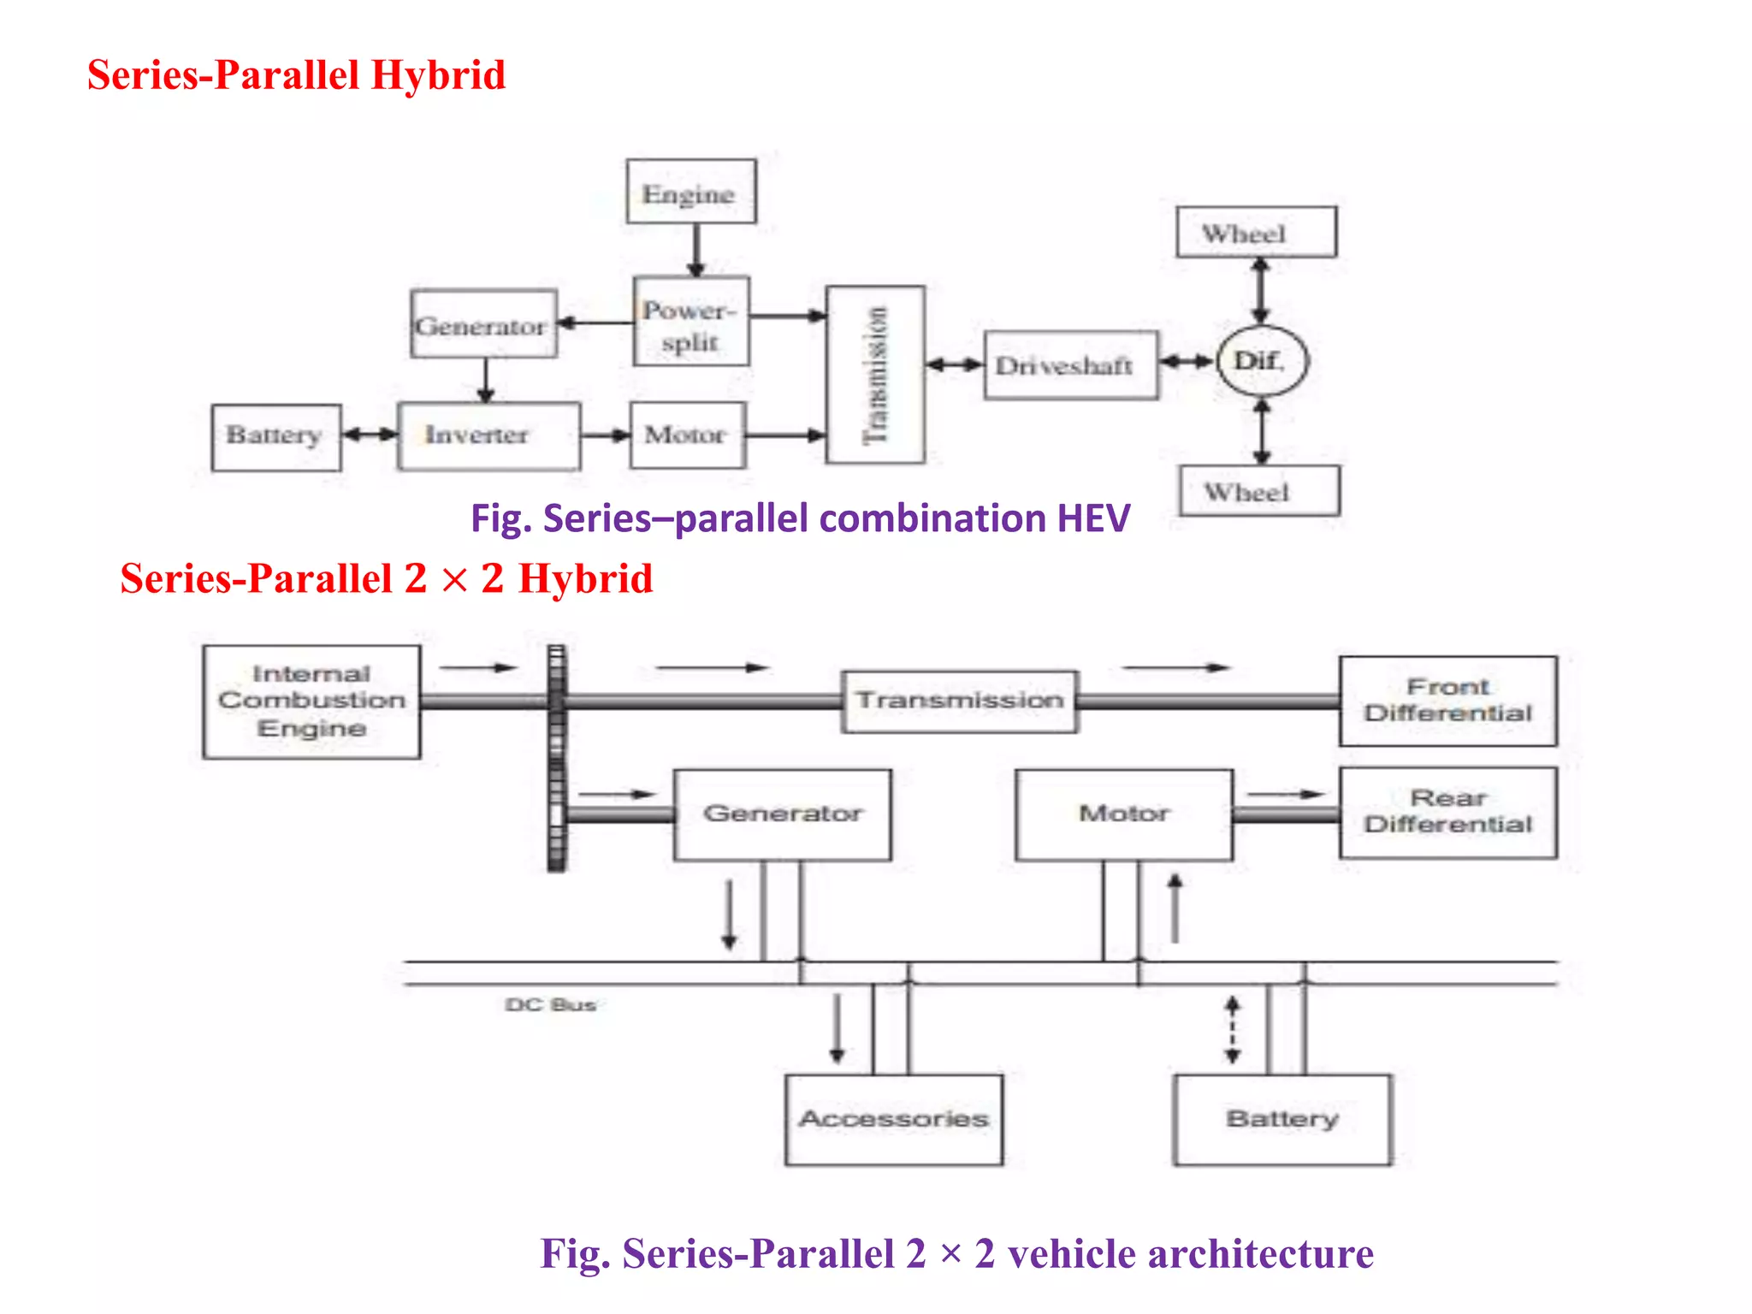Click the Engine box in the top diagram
690,192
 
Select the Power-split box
691,322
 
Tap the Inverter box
488,435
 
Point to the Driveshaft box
1070,365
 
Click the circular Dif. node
1262,361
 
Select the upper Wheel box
1255,232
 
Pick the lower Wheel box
1258,491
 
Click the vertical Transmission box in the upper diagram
875,375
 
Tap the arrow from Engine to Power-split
696,250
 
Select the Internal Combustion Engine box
311,701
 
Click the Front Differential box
1447,701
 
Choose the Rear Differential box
1447,812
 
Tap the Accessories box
893,1119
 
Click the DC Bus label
550,1004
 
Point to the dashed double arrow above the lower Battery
1232,1029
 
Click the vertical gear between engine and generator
557,758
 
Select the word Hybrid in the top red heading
437,75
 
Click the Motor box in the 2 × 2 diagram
1123,814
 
